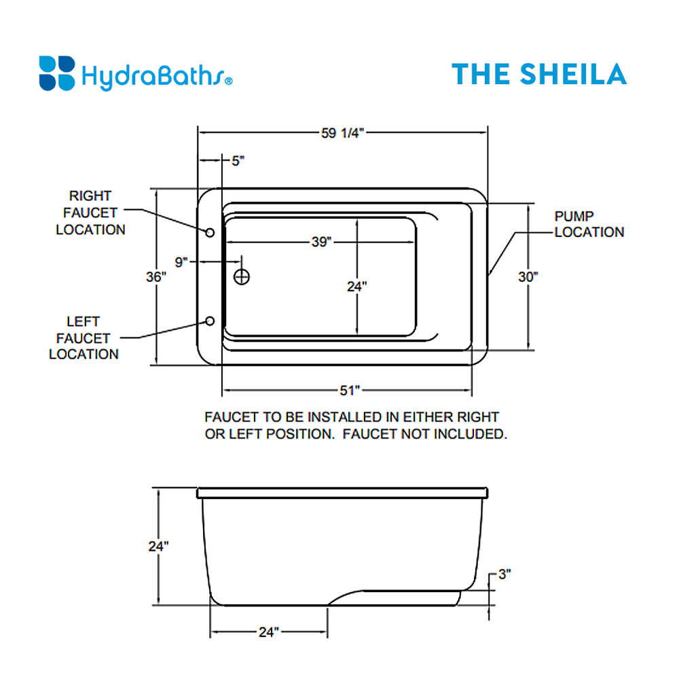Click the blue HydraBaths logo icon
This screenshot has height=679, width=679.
coord(56,73)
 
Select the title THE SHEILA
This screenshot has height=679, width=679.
coord(539,73)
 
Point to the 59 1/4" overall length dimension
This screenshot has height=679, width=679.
coord(343,133)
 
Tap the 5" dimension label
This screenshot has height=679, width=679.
coord(237,161)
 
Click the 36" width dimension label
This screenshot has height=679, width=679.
coord(156,277)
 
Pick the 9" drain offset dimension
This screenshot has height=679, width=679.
coord(181,262)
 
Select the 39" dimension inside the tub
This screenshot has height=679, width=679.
coord(321,242)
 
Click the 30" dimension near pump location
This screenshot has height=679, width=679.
coord(529,277)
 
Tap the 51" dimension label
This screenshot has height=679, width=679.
coord(349,390)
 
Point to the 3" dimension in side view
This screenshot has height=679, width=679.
coord(504,574)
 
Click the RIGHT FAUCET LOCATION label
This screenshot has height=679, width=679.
coord(90,213)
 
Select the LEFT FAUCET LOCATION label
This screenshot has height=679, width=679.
coord(84,337)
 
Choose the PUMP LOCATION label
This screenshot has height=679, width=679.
coord(589,224)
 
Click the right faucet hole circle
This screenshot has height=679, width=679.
coord(210,233)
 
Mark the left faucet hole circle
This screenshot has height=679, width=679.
coord(210,320)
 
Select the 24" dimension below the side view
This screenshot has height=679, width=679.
coord(268,632)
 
